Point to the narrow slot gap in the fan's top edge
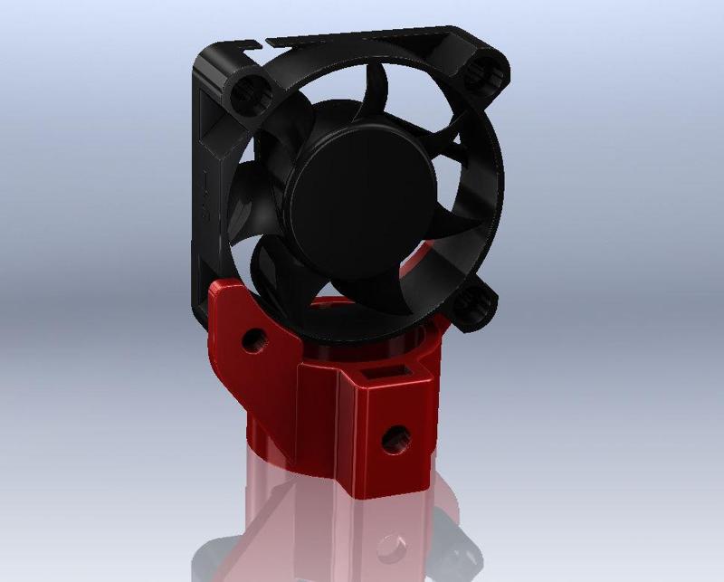pyautogui.click(x=262, y=42)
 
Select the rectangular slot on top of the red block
pyautogui.click(x=381, y=370)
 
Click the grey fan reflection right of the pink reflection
pyautogui.click(x=462, y=534)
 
